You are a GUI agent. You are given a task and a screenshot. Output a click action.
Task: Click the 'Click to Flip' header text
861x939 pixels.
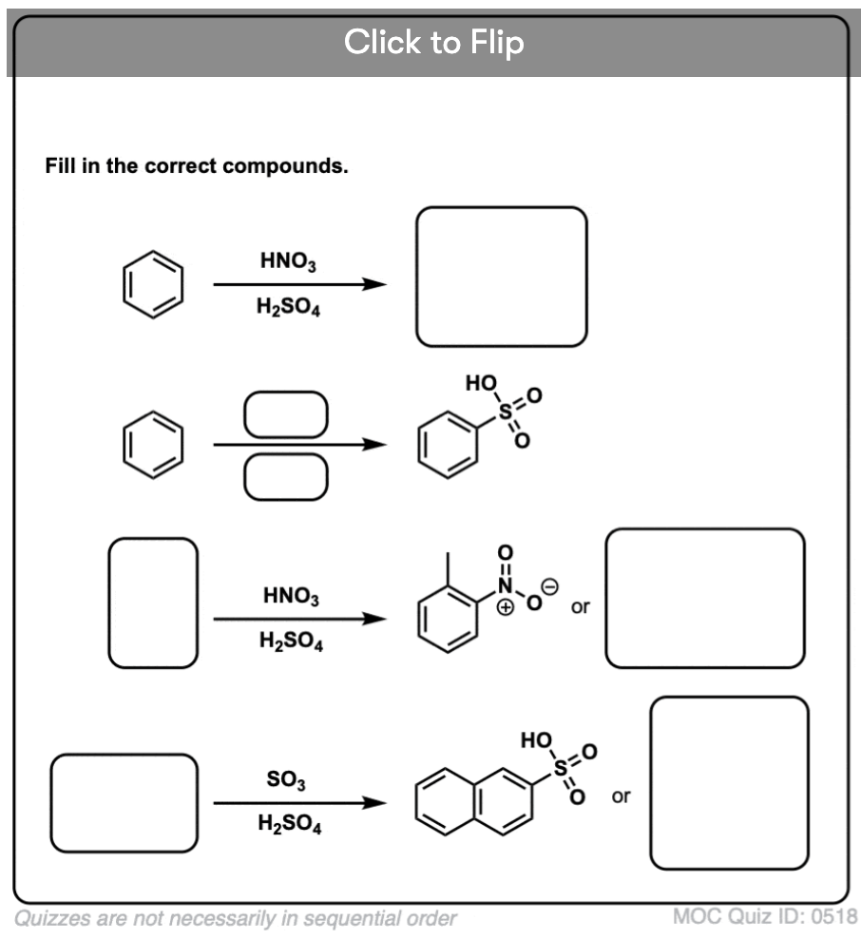pos(433,42)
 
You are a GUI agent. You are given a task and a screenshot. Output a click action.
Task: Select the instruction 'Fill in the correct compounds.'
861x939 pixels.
pos(197,166)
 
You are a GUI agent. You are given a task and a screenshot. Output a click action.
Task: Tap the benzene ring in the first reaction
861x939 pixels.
pos(152,284)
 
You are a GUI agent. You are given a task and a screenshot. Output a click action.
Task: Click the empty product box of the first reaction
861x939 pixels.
pos(501,277)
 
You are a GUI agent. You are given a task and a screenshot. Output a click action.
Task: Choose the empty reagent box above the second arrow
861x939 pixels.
pos(285,414)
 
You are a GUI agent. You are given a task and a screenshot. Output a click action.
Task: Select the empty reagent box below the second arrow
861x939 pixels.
pos(285,476)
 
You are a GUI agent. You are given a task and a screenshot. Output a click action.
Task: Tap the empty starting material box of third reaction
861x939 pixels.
pos(153,603)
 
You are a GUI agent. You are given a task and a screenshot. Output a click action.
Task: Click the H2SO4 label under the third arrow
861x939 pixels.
pos(290,642)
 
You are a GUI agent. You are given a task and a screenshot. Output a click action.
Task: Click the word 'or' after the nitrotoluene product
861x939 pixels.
pos(580,606)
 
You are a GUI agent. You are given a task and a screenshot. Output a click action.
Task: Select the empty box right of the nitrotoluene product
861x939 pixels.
pos(704,598)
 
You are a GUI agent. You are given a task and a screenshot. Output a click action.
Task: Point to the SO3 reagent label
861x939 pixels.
pos(286,780)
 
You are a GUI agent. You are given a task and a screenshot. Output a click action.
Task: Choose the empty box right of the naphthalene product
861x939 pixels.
pos(729,782)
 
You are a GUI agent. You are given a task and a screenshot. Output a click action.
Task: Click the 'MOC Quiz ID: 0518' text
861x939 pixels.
pos(764,917)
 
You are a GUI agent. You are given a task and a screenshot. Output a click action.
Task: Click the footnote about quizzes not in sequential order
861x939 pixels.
pos(235,918)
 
